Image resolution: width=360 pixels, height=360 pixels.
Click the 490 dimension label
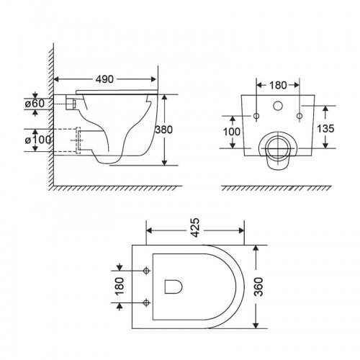pyautogui.click(x=104, y=79)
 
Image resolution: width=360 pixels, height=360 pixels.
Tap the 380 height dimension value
pyautogui.click(x=164, y=130)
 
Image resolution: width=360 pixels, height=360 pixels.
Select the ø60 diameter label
pyautogui.click(x=35, y=104)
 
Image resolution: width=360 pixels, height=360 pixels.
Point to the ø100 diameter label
pyautogui.click(x=38, y=140)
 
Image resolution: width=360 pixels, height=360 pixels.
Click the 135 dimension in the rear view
pyautogui.click(x=325, y=129)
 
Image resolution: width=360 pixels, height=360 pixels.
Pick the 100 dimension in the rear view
pyautogui.click(x=232, y=132)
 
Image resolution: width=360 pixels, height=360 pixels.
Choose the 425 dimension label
pyautogui.click(x=195, y=228)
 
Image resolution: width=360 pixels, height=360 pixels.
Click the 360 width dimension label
pyautogui.click(x=258, y=287)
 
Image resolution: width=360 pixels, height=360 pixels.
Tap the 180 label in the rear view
pyautogui.click(x=278, y=85)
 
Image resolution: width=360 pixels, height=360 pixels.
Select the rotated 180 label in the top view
pyautogui.click(x=120, y=286)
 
